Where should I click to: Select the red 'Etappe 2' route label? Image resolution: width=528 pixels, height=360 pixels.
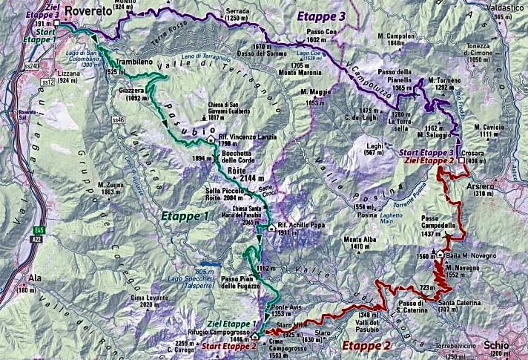(x=367, y=345)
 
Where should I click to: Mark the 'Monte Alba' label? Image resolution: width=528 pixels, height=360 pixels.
(x=360, y=239)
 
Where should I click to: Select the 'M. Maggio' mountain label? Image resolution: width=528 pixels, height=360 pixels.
(x=315, y=91)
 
